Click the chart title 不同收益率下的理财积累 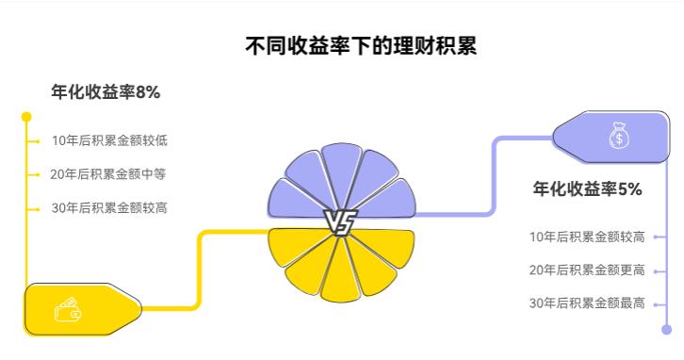(x=361, y=45)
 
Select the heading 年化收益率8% (x=106, y=92)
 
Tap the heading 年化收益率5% (x=588, y=189)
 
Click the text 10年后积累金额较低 (x=109, y=141)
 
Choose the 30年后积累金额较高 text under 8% (x=109, y=208)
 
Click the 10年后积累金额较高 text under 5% (x=587, y=237)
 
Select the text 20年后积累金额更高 (x=587, y=270)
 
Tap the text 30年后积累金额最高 (x=587, y=303)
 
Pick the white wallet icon (x=68, y=309)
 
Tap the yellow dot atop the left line (x=26, y=117)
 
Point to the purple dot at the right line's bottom (x=667, y=330)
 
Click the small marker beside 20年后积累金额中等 (x=38, y=174)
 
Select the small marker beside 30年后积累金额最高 (x=656, y=303)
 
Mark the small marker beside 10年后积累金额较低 (x=38, y=141)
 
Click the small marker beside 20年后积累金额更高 (x=656, y=270)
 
